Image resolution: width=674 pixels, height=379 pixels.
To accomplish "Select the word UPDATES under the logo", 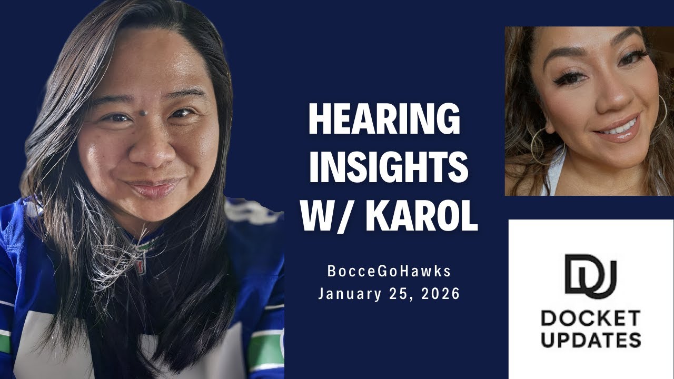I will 590,340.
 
